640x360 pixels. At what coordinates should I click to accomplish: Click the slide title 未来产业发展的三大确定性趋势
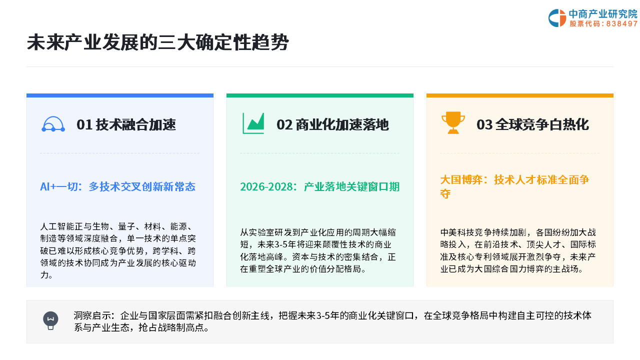(x=157, y=42)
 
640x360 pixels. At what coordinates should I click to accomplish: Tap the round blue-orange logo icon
(x=557, y=18)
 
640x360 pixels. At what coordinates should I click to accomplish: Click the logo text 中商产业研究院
(x=603, y=13)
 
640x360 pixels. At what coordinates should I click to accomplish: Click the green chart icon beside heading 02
(x=253, y=123)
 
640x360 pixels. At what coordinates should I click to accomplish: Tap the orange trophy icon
(x=453, y=122)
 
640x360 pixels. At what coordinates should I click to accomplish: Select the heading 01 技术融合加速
(x=126, y=125)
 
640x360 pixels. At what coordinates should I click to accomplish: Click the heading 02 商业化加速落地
(x=332, y=125)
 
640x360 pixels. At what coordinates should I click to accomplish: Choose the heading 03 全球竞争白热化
(x=532, y=125)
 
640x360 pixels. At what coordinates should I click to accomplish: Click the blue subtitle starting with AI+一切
(x=117, y=187)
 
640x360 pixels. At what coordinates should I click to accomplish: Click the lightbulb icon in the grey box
(x=50, y=320)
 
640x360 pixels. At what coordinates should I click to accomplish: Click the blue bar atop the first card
(x=120, y=95)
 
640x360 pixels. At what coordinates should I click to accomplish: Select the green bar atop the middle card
(x=320, y=95)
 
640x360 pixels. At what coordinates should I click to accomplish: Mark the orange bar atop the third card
(x=520, y=95)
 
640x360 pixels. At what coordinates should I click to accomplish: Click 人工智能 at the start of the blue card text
(x=57, y=226)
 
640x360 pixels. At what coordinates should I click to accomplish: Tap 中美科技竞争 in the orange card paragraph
(x=466, y=232)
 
